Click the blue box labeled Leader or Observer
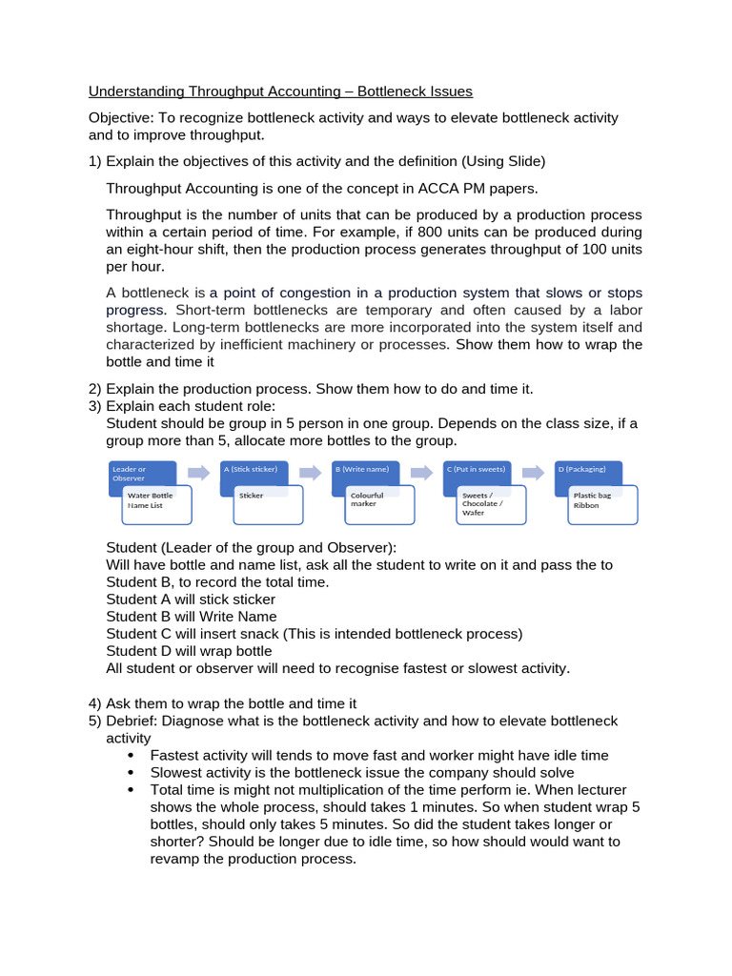click(133, 471)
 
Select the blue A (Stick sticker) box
click(254, 471)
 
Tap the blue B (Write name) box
click(365, 471)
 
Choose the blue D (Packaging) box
click(588, 471)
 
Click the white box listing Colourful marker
click(379, 505)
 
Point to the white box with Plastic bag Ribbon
click(601, 505)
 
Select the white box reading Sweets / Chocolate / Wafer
click(491, 505)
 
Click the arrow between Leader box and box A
click(198, 472)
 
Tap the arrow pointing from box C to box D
click(535, 472)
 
